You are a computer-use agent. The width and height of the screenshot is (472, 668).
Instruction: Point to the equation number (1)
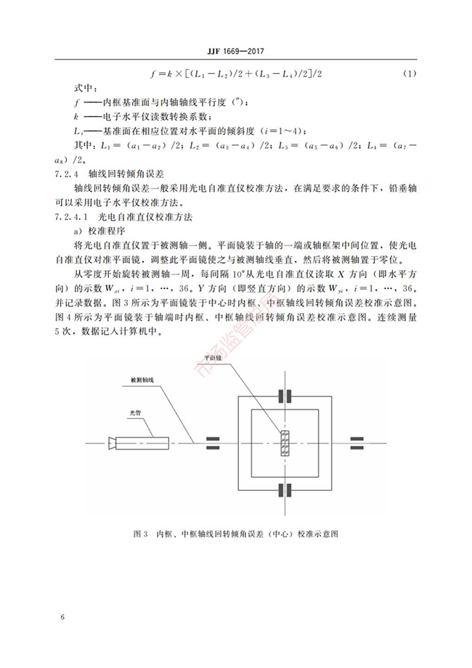(x=409, y=73)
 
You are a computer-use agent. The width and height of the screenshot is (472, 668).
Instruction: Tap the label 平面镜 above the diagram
(x=213, y=359)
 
